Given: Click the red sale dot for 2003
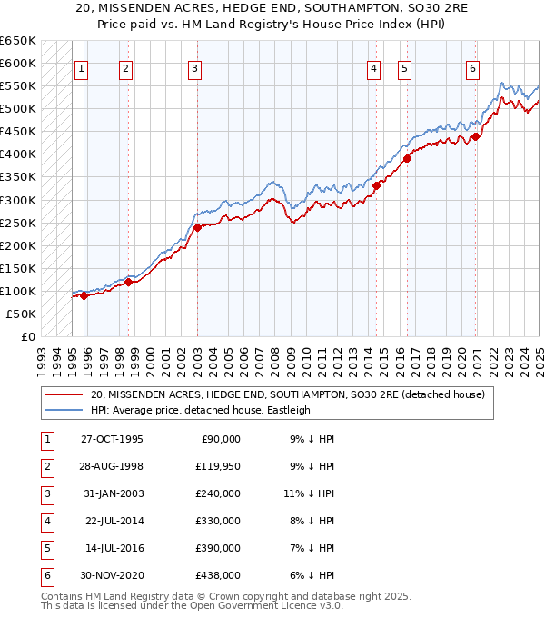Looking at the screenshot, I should tap(197, 227).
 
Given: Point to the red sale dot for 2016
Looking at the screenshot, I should tap(407, 158).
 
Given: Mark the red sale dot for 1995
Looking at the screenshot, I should tap(84, 295).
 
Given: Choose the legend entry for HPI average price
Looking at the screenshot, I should tap(200, 410).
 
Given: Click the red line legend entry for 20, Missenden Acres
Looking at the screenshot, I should tap(288, 394).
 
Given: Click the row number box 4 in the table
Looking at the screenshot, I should tap(45, 521).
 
